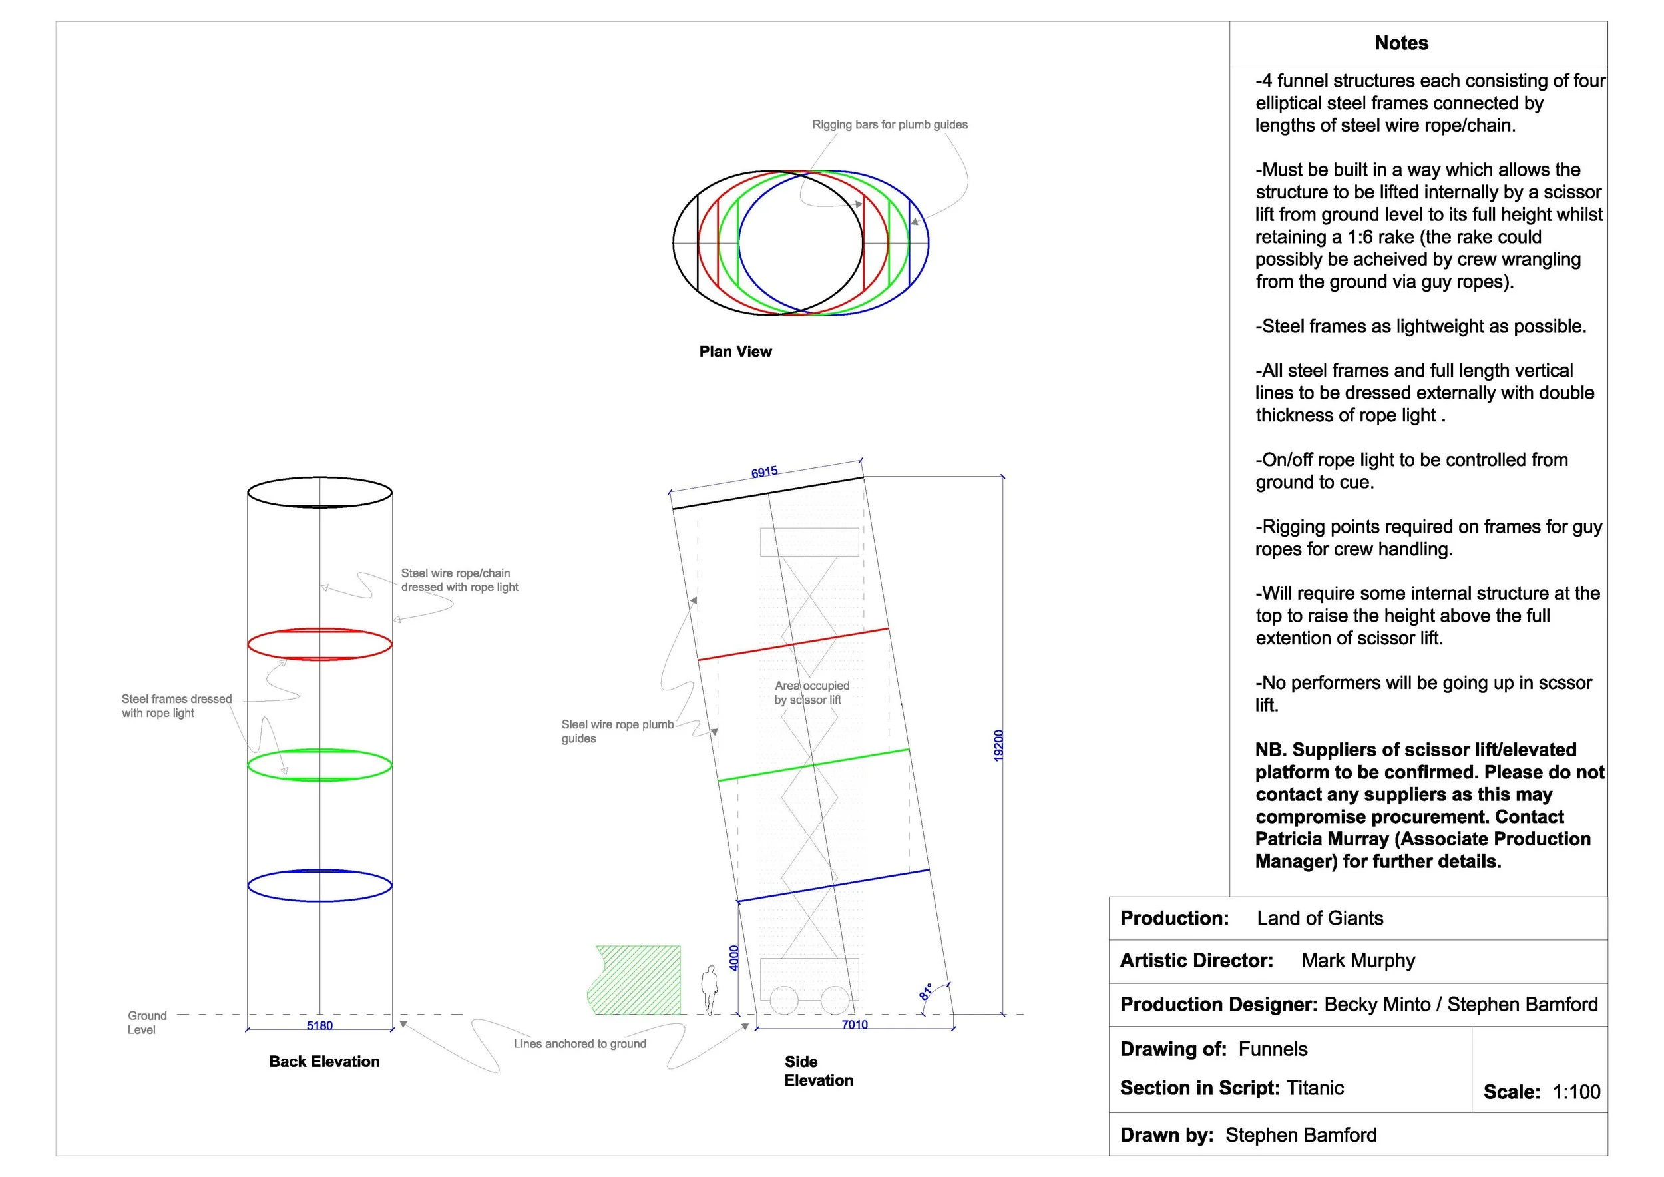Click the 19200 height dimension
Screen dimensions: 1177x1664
(x=998, y=745)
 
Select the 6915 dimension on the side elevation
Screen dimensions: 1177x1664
(x=764, y=473)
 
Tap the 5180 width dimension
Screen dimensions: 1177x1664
(x=319, y=1025)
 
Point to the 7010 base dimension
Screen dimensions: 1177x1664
(x=855, y=1024)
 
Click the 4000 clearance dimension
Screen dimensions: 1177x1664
(x=733, y=957)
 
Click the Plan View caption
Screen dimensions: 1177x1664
(x=735, y=352)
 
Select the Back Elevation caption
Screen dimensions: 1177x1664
(x=324, y=1062)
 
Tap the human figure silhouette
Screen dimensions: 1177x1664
(x=710, y=989)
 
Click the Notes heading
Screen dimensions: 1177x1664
(x=1401, y=43)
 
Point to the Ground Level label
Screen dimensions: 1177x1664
(x=146, y=1023)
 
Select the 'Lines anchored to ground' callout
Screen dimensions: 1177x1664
(x=580, y=1044)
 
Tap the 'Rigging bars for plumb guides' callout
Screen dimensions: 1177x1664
(x=889, y=124)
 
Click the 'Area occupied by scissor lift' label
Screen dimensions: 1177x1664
(x=811, y=692)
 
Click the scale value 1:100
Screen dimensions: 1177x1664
(x=1576, y=1092)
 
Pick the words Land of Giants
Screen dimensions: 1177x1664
(x=1320, y=918)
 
